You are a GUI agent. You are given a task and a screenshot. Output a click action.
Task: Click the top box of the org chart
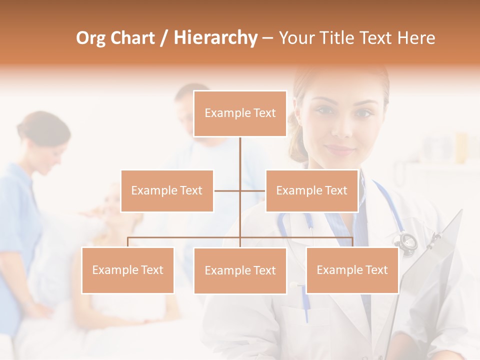click(x=240, y=113)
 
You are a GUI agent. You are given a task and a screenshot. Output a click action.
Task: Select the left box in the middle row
click(x=167, y=190)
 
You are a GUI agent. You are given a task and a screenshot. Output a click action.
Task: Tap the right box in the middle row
click(x=311, y=190)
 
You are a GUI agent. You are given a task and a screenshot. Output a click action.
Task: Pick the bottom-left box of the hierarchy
click(x=127, y=270)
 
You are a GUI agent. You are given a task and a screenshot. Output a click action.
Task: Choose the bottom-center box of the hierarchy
click(x=240, y=270)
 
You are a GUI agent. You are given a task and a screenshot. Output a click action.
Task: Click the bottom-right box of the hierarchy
click(x=352, y=270)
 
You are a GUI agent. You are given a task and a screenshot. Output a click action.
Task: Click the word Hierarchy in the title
click(x=215, y=38)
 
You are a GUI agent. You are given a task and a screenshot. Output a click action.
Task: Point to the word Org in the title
click(x=90, y=38)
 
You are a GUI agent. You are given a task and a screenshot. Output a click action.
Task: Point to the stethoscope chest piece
click(x=407, y=241)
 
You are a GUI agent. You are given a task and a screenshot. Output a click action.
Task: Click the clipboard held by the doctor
click(x=435, y=265)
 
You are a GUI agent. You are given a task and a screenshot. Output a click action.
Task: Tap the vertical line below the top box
click(x=240, y=155)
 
